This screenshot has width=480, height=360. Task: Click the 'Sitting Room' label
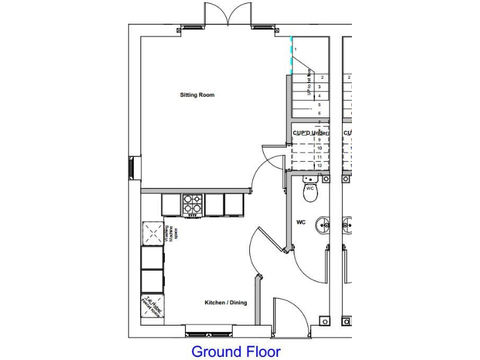point(197,95)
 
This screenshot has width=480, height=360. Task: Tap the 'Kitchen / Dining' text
point(226,302)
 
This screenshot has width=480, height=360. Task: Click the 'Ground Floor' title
point(236,351)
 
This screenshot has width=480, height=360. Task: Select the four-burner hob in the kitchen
point(192,204)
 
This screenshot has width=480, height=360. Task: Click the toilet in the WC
point(311,191)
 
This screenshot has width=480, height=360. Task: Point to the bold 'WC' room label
point(300,222)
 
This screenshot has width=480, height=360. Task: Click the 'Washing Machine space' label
point(172,232)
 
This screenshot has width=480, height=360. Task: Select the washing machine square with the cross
point(152,233)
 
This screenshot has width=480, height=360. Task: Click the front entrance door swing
point(289,316)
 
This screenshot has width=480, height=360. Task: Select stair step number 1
point(296,49)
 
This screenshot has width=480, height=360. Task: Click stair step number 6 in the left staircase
point(319,113)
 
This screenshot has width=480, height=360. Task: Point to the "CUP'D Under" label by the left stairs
point(310,133)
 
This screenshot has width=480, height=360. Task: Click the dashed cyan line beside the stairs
point(291,55)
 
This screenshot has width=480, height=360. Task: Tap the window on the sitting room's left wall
point(131,167)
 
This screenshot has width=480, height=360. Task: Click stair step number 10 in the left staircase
point(319,148)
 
